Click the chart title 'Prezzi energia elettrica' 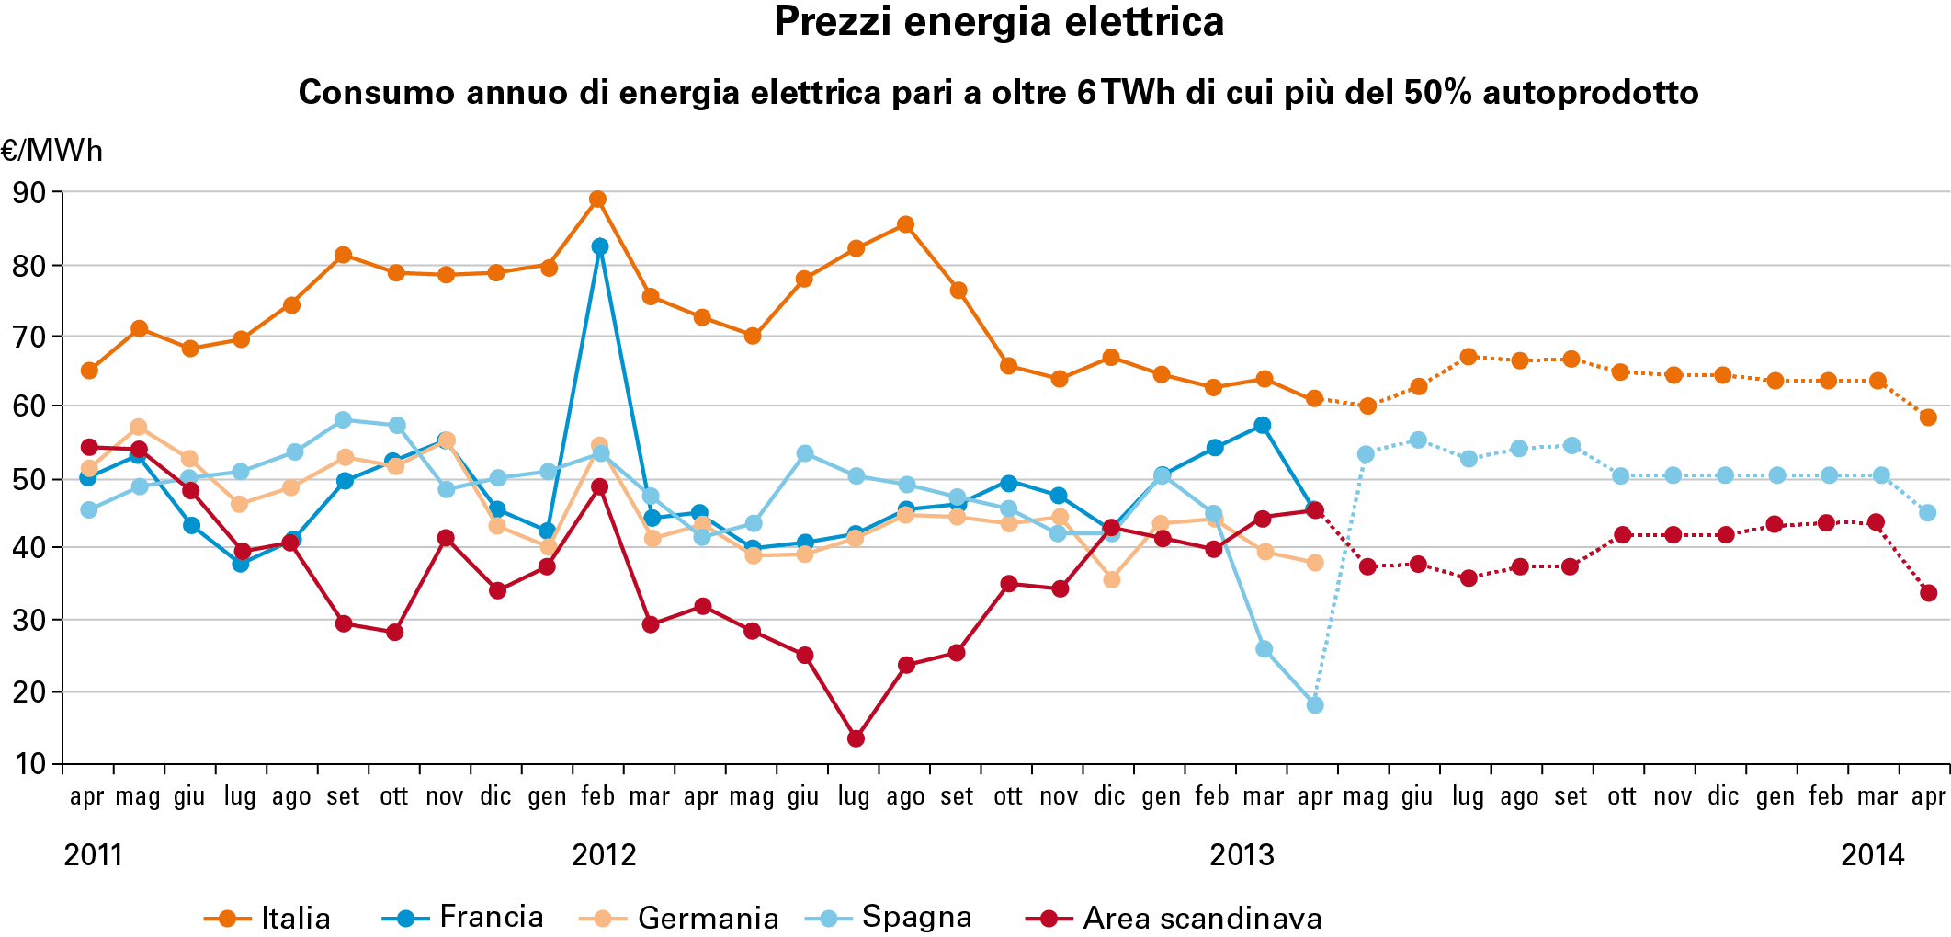999,22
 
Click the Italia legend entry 267,918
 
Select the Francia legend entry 462,917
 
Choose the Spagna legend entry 888,917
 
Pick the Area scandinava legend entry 1173,918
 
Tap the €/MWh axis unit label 52,150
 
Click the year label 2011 93,855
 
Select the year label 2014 1872,855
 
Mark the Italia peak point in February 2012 597,200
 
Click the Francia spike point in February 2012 600,246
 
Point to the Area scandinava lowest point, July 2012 856,738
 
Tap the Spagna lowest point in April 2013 1315,705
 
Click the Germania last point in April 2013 1315,563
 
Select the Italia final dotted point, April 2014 1928,417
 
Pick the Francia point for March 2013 1263,425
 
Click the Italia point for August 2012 905,224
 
